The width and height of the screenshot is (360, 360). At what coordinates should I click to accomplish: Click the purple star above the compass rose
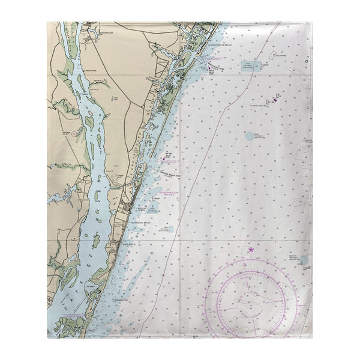(x=251, y=249)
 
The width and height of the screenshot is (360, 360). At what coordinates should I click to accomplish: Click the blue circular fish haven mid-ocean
(x=250, y=136)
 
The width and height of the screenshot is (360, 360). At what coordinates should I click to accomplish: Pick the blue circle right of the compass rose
(x=304, y=260)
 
